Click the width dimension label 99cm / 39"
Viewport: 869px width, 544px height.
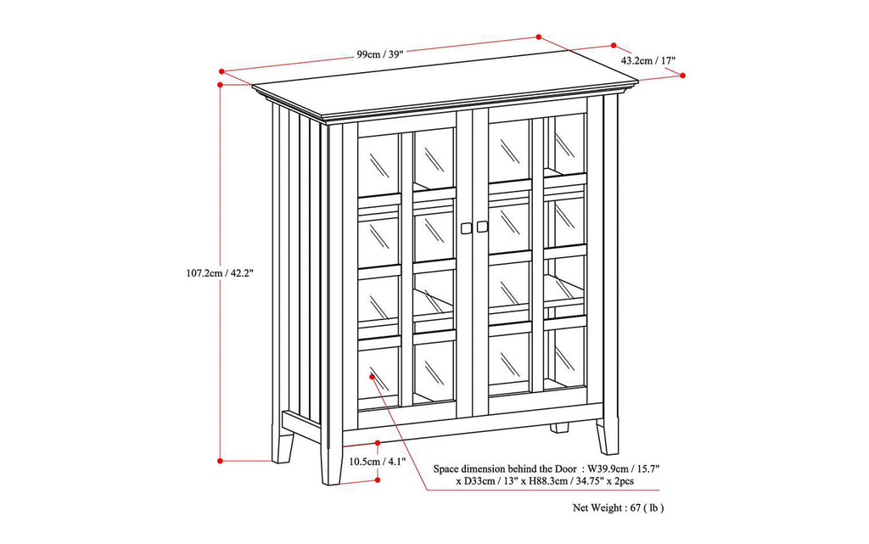click(379, 53)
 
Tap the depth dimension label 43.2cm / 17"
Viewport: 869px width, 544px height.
click(648, 60)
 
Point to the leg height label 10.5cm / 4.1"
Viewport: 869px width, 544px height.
click(377, 462)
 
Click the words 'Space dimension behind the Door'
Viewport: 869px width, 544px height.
click(506, 468)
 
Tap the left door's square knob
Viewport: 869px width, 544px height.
click(466, 227)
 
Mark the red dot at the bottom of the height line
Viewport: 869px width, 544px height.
click(220, 461)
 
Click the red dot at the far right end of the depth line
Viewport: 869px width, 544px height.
click(684, 76)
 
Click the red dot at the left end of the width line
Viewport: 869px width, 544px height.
click(221, 71)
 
